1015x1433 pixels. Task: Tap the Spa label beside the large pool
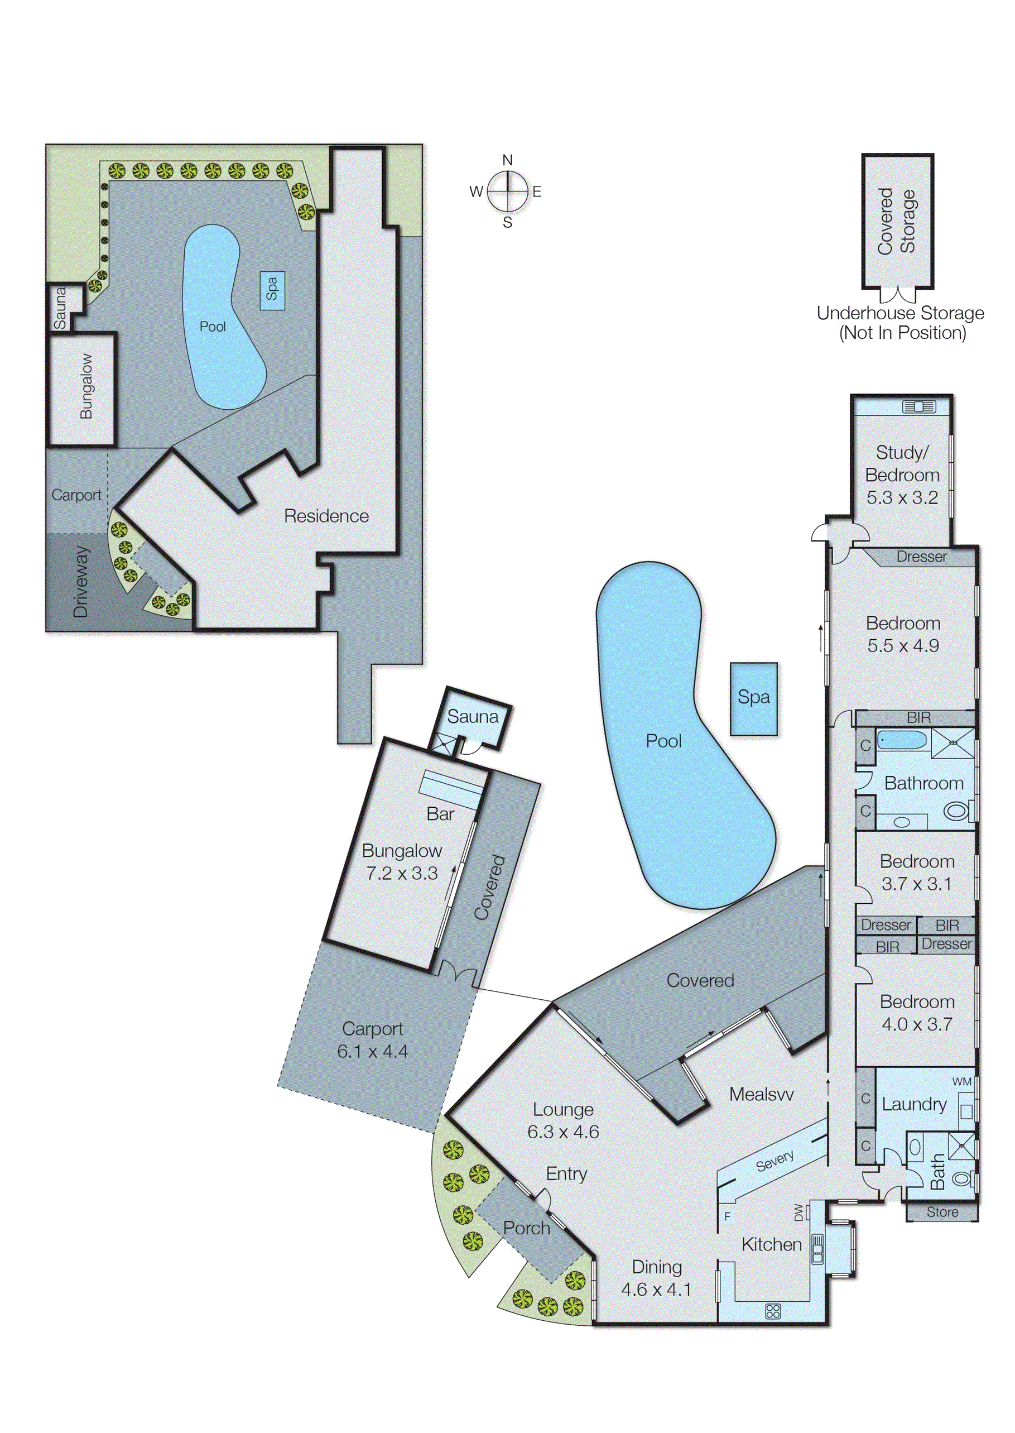click(753, 697)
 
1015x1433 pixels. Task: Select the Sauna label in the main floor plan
click(473, 717)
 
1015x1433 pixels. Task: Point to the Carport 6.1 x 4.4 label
click(373, 1041)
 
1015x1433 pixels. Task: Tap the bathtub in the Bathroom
click(902, 741)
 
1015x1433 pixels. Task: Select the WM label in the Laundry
click(961, 1082)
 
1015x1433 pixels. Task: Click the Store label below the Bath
click(942, 1212)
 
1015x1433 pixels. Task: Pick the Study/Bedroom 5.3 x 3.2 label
click(902, 475)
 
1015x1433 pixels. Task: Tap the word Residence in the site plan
click(326, 516)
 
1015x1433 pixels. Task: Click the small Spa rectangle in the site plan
click(272, 290)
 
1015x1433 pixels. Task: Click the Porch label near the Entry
click(526, 1228)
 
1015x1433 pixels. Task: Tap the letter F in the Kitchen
click(727, 1216)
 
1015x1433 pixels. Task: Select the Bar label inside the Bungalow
click(440, 814)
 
